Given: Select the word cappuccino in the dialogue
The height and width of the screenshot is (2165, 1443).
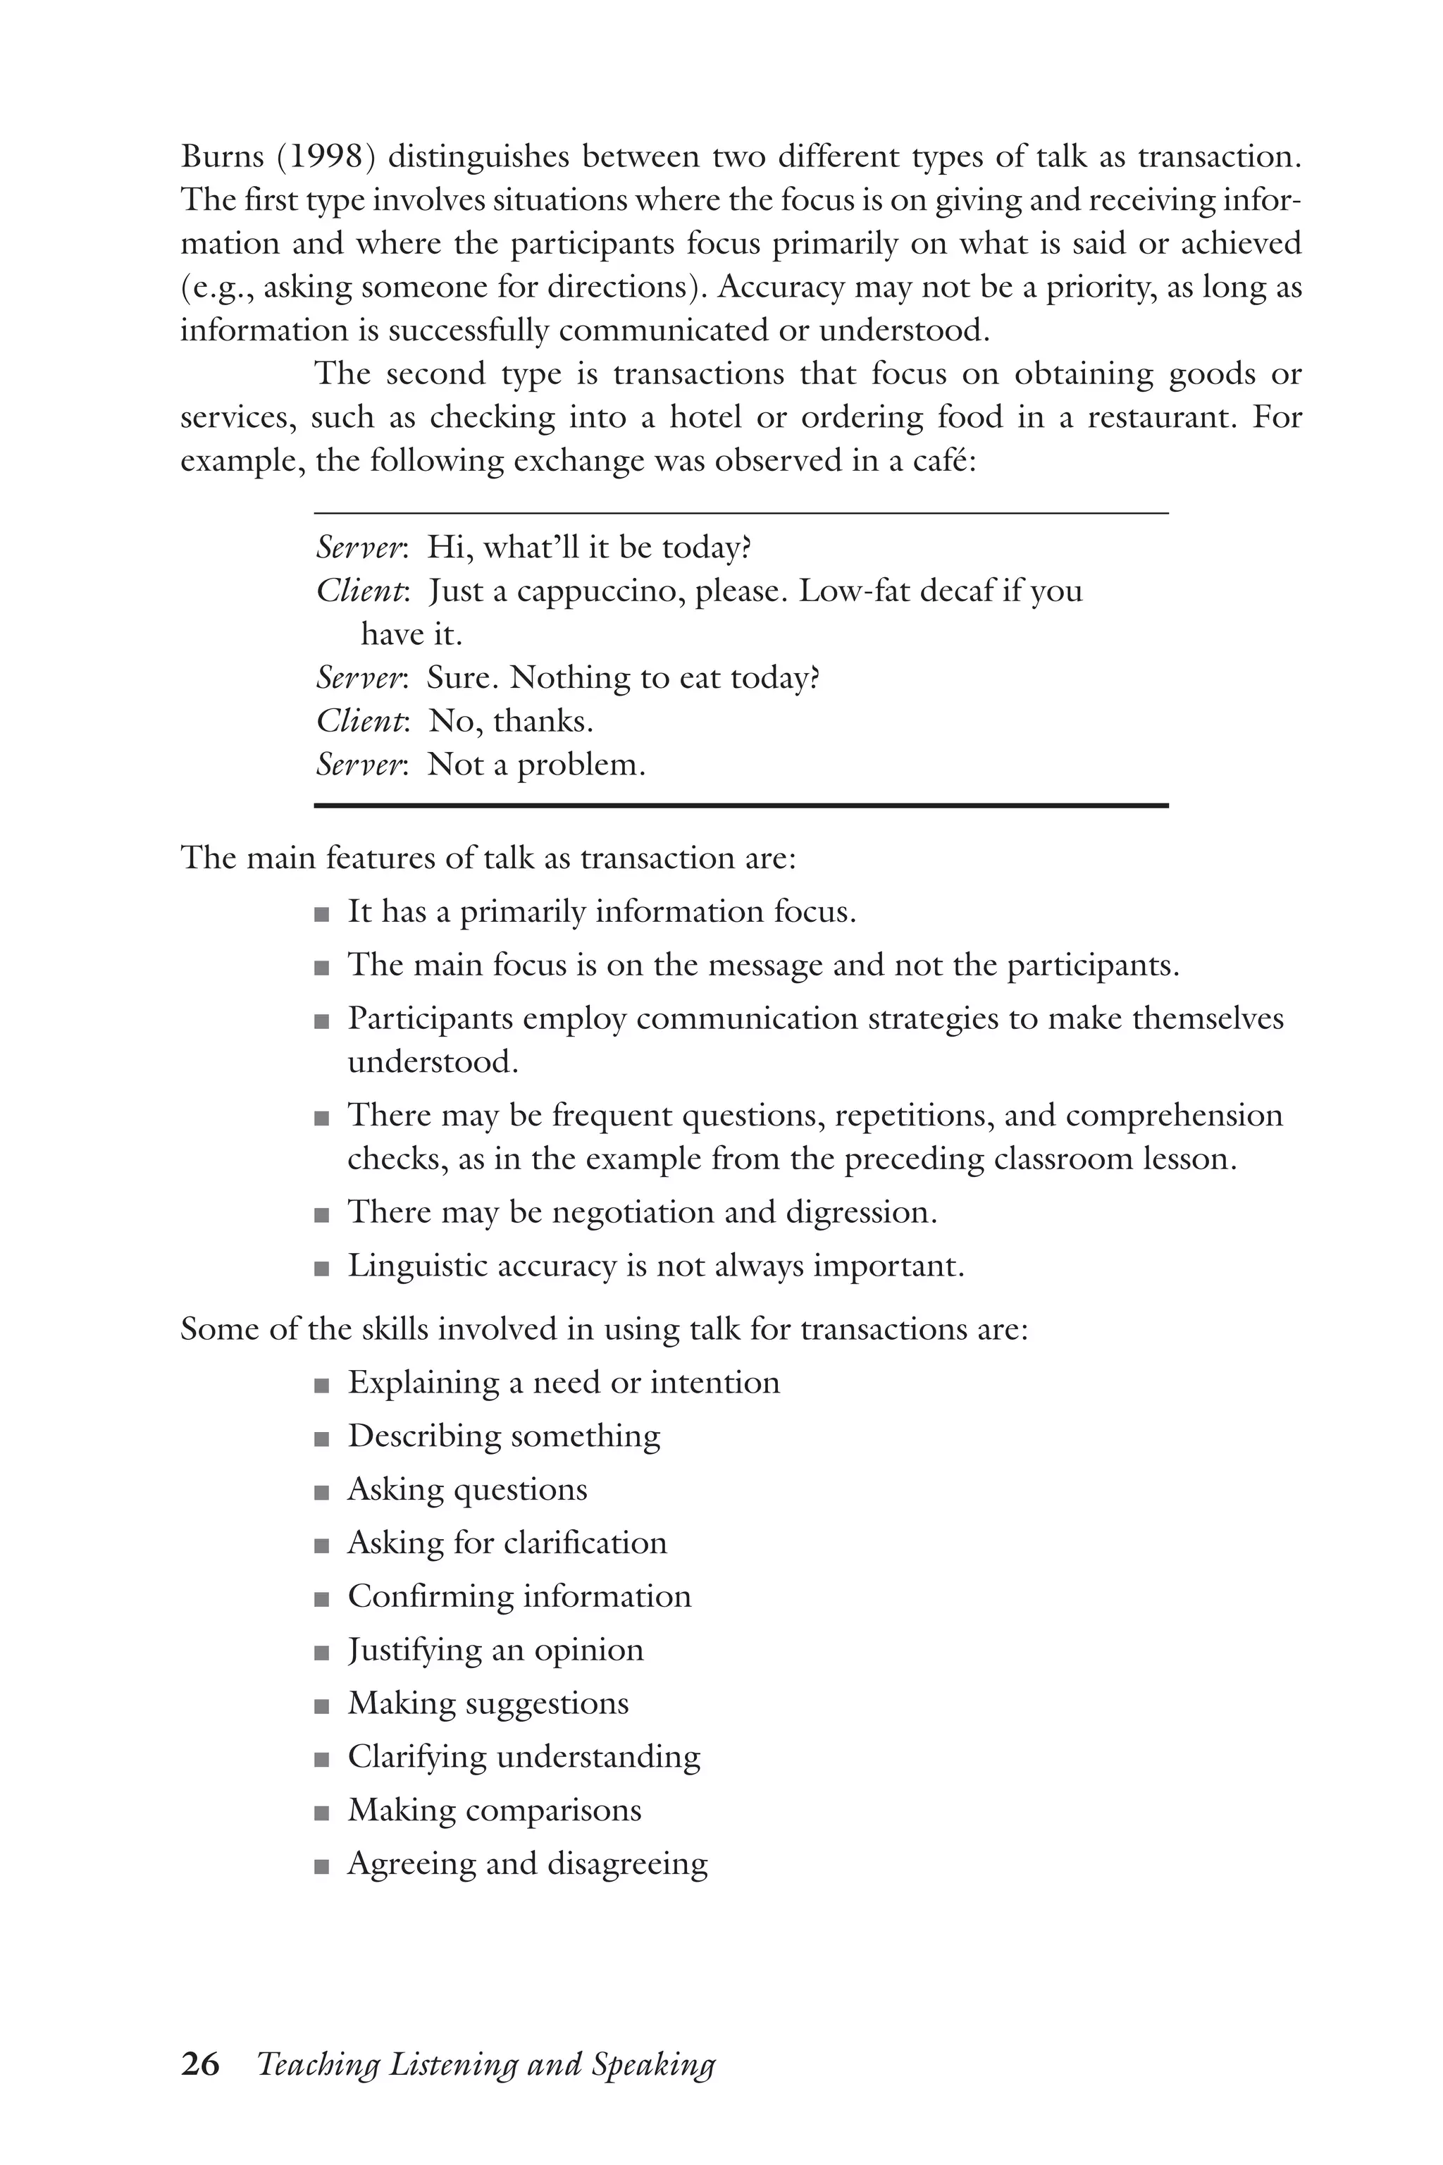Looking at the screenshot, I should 599,591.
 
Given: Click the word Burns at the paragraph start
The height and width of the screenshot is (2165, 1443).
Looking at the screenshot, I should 223,157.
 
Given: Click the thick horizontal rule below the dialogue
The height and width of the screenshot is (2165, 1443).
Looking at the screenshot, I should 741,806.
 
